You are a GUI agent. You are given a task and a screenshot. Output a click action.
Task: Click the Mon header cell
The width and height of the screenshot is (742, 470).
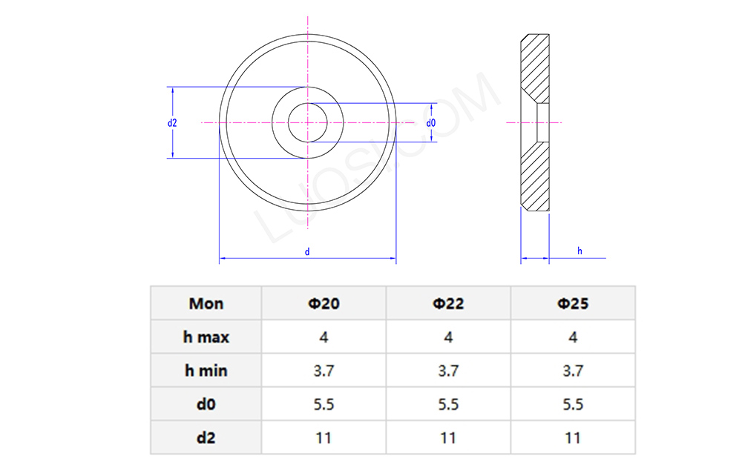click(x=206, y=303)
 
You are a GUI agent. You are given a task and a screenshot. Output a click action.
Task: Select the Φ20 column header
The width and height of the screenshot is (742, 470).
click(x=324, y=303)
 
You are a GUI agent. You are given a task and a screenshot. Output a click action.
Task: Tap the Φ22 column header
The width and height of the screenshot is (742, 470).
click(x=448, y=303)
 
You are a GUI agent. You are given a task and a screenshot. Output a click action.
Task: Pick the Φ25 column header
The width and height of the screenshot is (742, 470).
click(x=573, y=303)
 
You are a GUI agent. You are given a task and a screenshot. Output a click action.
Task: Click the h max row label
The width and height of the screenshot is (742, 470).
click(x=206, y=337)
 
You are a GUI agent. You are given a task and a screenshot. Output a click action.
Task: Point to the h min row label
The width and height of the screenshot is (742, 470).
click(x=206, y=371)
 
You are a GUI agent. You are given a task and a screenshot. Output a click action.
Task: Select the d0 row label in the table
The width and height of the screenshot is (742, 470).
click(x=206, y=405)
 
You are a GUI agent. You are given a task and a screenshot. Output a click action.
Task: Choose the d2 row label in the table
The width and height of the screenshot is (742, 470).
click(x=206, y=438)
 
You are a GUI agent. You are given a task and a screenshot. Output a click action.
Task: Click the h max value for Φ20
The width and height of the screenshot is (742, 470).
click(x=324, y=337)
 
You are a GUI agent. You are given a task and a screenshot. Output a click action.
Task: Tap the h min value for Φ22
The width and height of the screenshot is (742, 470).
click(x=448, y=371)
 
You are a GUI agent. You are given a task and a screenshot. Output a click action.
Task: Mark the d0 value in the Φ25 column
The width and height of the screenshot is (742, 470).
click(x=573, y=405)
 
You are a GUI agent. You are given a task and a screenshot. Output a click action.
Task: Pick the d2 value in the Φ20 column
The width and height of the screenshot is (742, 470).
click(x=324, y=438)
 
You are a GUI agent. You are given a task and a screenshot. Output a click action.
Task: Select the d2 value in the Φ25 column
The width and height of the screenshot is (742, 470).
click(x=573, y=438)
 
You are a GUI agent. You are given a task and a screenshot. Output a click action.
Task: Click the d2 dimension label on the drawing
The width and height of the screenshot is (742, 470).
click(x=172, y=122)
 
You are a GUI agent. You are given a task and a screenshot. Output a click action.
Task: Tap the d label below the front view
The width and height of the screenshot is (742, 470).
click(x=307, y=252)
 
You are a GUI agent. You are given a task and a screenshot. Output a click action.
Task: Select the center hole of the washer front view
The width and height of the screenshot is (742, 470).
click(x=307, y=122)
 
